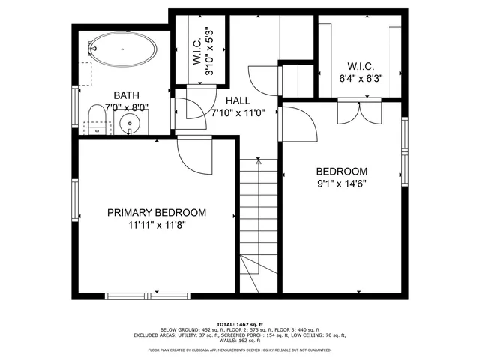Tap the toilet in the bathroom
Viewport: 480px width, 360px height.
click(x=95, y=118)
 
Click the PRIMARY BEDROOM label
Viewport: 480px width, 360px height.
click(x=156, y=213)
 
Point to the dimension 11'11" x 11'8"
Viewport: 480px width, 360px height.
click(x=156, y=225)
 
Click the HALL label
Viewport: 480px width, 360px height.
click(x=238, y=100)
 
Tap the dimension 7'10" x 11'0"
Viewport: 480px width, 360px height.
click(x=238, y=113)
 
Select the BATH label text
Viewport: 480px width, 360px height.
click(x=125, y=94)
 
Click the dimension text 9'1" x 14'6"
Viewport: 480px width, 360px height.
click(x=341, y=182)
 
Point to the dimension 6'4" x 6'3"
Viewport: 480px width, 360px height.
click(x=361, y=77)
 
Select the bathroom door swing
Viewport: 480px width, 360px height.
click(x=187, y=111)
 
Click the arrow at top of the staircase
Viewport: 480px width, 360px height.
click(x=258, y=160)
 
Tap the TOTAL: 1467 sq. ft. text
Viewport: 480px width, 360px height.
click(x=240, y=323)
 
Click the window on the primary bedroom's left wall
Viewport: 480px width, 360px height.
click(x=75, y=200)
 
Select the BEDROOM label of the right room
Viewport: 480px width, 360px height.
click(x=341, y=170)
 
